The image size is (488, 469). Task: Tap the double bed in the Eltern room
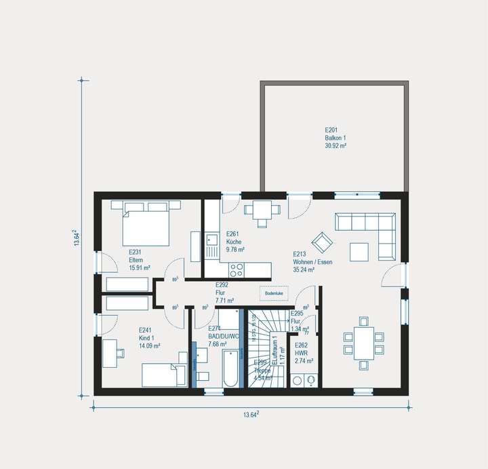point(146,224)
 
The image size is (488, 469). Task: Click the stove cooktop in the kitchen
point(237,269)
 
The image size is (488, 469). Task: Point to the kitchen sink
point(211,239)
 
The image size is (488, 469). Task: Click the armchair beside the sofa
point(321,241)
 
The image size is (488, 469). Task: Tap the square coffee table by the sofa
point(359,251)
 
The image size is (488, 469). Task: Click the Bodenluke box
point(273,293)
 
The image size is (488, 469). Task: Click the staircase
point(260,350)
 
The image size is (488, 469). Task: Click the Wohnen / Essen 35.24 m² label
point(312,261)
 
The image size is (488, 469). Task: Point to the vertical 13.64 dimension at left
point(77,238)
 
